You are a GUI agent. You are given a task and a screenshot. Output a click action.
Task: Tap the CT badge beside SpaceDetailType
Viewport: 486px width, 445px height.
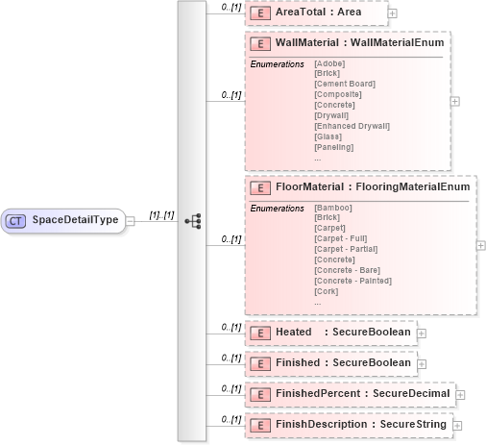15,220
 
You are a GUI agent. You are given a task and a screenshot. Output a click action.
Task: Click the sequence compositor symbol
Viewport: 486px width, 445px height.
192,220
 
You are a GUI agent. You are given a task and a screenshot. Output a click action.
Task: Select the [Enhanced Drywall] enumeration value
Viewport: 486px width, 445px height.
352,126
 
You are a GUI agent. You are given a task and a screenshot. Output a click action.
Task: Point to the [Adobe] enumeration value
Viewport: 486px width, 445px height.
329,63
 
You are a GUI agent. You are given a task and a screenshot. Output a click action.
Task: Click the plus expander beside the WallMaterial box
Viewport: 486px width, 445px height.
454,100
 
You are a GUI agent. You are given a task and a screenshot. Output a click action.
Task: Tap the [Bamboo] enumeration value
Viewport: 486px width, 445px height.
333,208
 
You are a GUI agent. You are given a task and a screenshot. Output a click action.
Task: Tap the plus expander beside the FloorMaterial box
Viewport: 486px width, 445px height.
480,244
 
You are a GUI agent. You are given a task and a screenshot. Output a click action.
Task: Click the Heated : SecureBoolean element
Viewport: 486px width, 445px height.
331,333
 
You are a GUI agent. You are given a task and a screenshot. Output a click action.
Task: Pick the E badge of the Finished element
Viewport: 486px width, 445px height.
258,363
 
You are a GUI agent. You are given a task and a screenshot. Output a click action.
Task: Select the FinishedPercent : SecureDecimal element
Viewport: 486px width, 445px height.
350,394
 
